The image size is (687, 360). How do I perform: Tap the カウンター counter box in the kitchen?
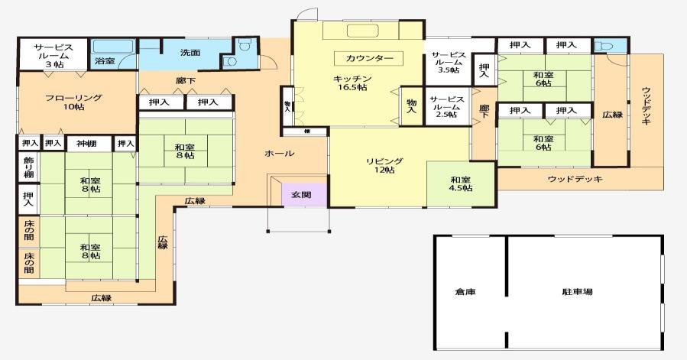coord(368,58)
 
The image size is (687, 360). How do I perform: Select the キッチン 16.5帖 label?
coord(352,83)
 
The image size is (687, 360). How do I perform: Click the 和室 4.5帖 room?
coord(460,183)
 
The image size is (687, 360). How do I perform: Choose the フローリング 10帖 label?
coord(73,102)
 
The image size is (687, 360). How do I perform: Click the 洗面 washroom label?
coord(190,53)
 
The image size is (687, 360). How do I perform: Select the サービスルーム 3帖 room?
coord(53,56)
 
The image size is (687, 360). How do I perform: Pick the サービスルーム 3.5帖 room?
coord(448,63)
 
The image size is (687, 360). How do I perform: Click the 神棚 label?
coord(86,143)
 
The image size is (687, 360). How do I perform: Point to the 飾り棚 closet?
coord(28,167)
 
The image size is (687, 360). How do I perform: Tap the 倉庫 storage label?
coord(465,292)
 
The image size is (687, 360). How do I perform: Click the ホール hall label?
coord(279,154)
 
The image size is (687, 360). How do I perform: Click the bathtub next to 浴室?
coord(112,45)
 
